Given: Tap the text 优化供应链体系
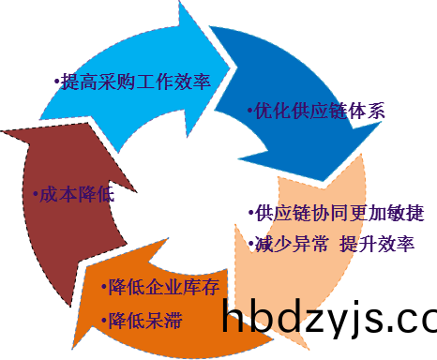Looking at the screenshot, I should pyautogui.click(x=319, y=111).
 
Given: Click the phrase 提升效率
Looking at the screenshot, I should pyautogui.click(x=376, y=245).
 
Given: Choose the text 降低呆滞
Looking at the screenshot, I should pyautogui.click(x=144, y=322).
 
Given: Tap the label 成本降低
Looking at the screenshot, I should pyautogui.click(x=74, y=196).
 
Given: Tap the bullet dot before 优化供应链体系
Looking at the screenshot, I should pyautogui.click(x=249, y=112).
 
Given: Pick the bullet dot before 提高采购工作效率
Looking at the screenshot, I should pyautogui.click(x=56, y=82).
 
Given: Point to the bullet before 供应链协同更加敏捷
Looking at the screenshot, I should pyautogui.click(x=250, y=215).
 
